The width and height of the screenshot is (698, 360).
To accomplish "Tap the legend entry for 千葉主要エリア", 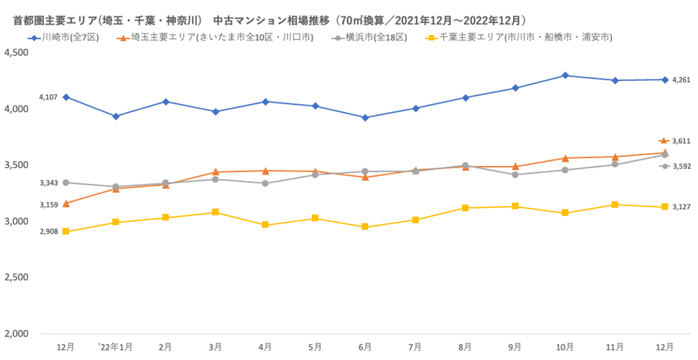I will click(x=523, y=37).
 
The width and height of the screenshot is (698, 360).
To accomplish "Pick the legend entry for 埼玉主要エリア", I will click(x=219, y=37).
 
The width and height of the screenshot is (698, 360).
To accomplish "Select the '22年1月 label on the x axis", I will click(x=115, y=347).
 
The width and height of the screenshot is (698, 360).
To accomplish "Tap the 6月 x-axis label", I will click(x=365, y=347).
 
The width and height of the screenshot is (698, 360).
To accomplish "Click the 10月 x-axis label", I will click(x=564, y=347).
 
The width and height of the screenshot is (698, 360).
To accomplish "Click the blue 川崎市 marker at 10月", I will click(x=565, y=75).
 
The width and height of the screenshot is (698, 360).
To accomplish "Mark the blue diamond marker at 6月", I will click(x=365, y=117).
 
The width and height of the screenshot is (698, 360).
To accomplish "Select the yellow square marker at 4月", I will click(x=265, y=225).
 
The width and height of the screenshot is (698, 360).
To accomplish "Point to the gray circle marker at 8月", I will click(x=465, y=166).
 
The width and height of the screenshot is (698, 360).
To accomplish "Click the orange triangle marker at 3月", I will click(x=215, y=172).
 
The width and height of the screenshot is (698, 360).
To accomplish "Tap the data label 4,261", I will click(x=681, y=80).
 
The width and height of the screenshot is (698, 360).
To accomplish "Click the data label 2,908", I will click(x=49, y=232).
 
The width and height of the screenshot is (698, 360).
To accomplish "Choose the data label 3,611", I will click(x=681, y=141).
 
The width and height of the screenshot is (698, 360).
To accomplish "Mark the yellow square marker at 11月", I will click(x=615, y=205).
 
